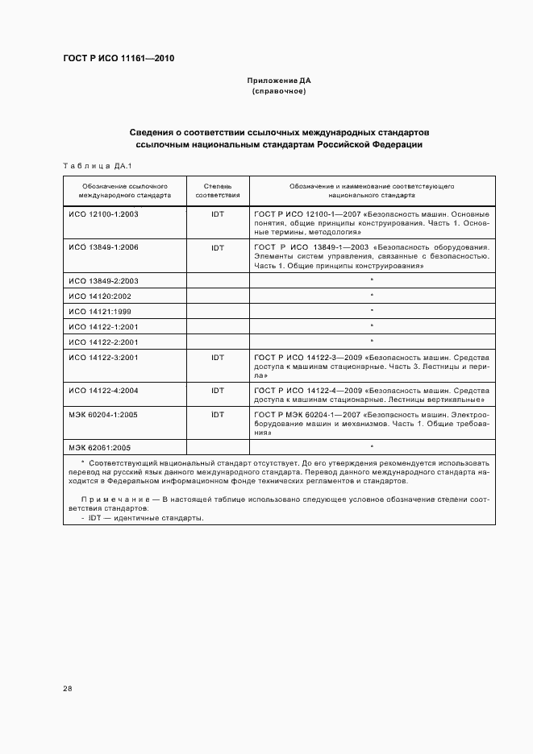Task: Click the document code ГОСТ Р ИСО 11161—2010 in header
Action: [119, 59]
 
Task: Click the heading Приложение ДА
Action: [278, 81]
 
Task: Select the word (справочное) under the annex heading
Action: [278, 92]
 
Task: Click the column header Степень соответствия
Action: [217, 190]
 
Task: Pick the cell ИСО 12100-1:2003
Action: [104, 214]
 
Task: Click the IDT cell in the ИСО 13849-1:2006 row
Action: [217, 247]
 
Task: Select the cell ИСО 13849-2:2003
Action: [104, 280]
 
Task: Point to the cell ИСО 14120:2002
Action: [99, 296]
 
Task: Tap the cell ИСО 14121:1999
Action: [99, 311]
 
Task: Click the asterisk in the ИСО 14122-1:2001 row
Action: [372, 326]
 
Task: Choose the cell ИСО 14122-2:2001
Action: [104, 342]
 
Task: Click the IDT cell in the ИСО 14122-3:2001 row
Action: [217, 357]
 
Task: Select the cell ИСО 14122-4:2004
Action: [104, 390]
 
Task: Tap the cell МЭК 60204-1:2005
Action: [104, 413]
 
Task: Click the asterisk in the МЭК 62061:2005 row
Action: [372, 446]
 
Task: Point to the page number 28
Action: [68, 689]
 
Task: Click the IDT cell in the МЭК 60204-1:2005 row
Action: [217, 413]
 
